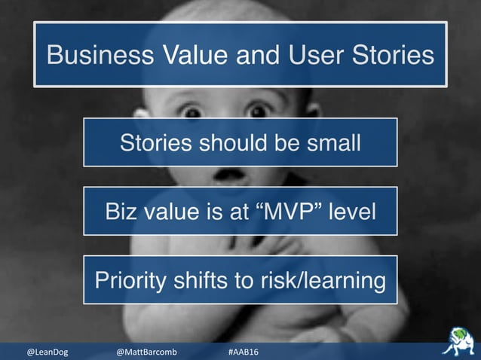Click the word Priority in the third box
point(127,280)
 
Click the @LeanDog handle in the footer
point(47,352)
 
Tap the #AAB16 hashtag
point(243,352)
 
